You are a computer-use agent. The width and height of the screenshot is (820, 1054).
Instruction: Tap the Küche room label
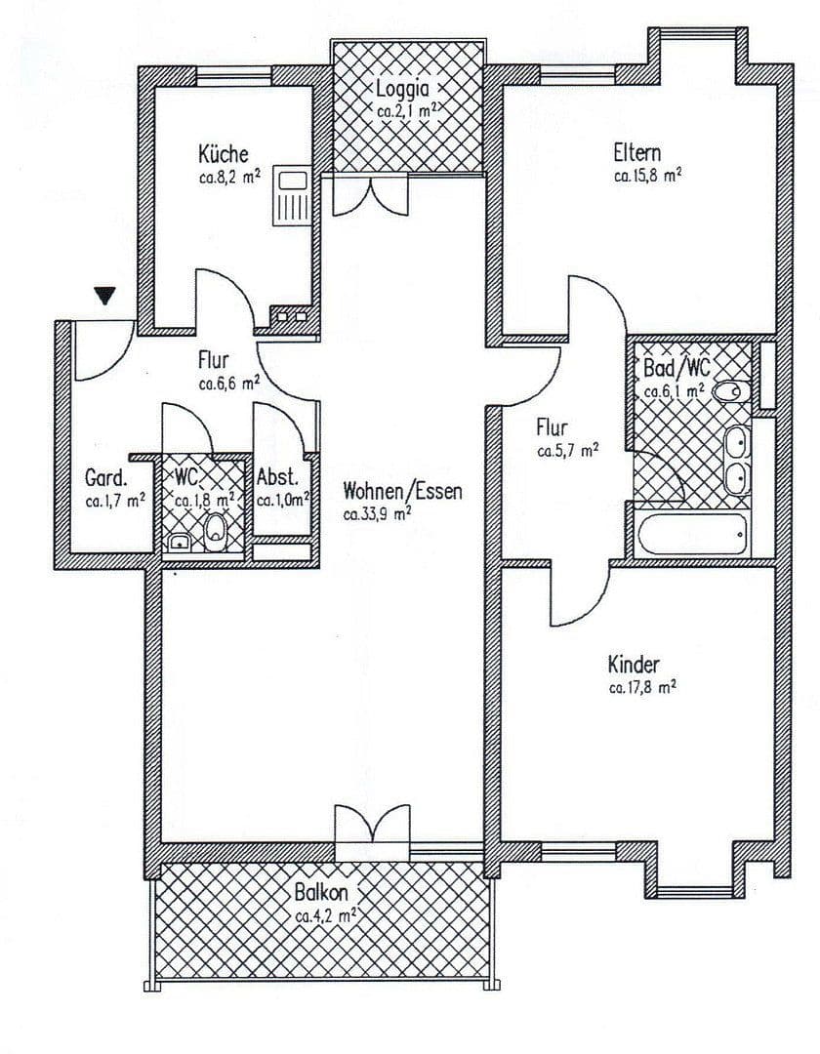click(224, 154)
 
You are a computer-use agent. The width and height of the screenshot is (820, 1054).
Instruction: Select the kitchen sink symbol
click(292, 195)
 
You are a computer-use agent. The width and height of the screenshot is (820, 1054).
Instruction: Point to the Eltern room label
click(636, 153)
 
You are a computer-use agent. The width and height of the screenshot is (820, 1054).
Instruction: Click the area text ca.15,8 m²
click(646, 177)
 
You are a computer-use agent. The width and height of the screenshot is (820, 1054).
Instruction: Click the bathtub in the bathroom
click(691, 534)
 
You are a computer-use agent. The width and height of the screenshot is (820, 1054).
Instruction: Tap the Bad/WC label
click(676, 368)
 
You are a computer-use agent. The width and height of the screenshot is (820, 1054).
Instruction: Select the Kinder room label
click(633, 666)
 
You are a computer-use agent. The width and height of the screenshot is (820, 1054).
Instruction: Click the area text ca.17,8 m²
click(642, 688)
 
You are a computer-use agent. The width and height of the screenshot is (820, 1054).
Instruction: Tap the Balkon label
click(321, 893)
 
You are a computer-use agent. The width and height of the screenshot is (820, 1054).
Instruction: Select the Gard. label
click(105, 479)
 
